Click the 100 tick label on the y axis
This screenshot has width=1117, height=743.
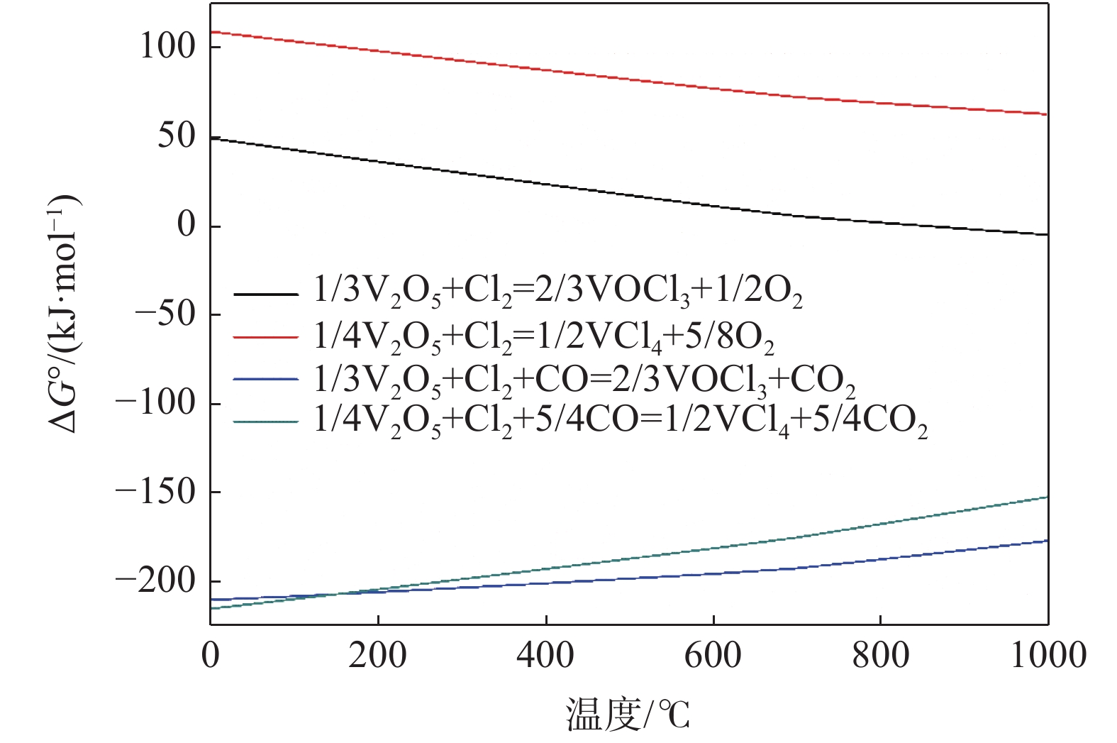[167, 47]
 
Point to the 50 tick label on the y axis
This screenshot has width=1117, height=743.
[177, 136]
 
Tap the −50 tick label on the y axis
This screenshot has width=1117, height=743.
[165, 314]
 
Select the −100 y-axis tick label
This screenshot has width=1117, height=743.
[155, 402]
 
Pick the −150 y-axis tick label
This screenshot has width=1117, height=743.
[155, 491]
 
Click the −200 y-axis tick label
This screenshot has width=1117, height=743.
[155, 580]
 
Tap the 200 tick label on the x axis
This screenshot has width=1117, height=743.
[378, 655]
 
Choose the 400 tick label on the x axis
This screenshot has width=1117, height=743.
[545, 655]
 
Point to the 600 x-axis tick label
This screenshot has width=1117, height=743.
[713, 655]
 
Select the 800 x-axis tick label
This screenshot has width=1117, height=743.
[880, 655]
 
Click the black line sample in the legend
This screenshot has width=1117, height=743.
[266, 294]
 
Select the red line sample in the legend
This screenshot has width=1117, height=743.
[266, 337]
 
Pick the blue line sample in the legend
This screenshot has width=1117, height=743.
[266, 380]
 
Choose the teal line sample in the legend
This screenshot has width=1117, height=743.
[266, 422]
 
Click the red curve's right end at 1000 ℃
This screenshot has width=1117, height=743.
[1047, 114]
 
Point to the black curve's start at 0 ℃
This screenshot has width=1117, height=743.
[212, 138]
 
